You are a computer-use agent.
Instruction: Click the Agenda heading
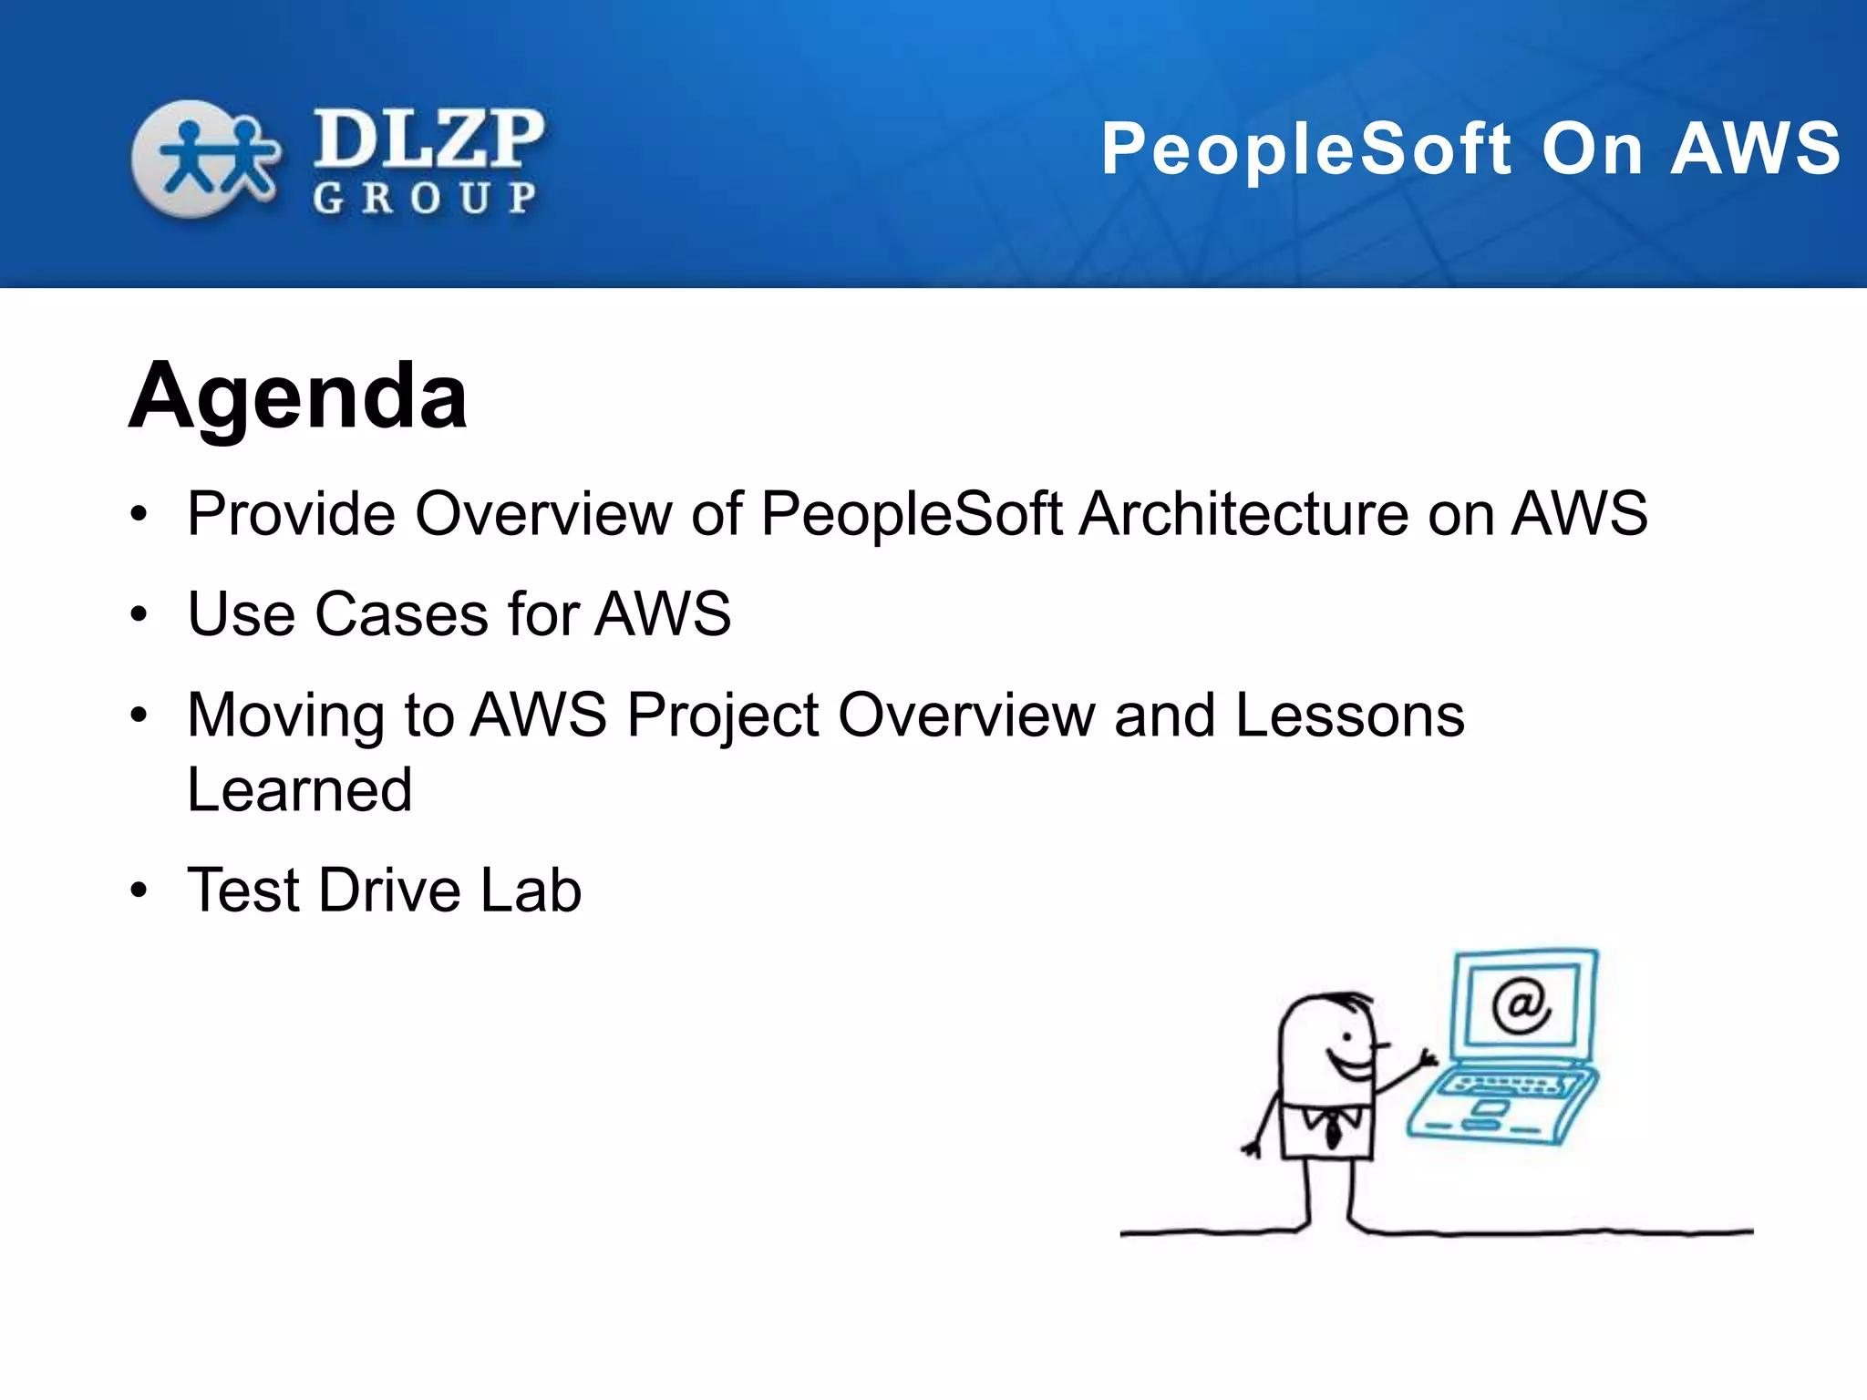(x=298, y=398)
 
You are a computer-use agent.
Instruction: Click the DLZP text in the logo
(x=428, y=139)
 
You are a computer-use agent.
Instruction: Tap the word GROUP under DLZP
(x=425, y=198)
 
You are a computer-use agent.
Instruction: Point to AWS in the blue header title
(x=1756, y=149)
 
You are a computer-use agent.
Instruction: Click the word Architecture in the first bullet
(x=1244, y=513)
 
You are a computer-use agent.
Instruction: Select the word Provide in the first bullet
(x=291, y=513)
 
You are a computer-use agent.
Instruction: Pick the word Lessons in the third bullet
(x=1349, y=715)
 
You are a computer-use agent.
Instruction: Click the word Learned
(x=299, y=789)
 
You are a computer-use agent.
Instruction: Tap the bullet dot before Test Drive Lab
(x=139, y=890)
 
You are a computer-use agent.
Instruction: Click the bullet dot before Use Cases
(x=139, y=614)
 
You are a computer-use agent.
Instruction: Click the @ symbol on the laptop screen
(x=1521, y=1005)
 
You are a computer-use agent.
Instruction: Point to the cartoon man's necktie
(x=1333, y=1131)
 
